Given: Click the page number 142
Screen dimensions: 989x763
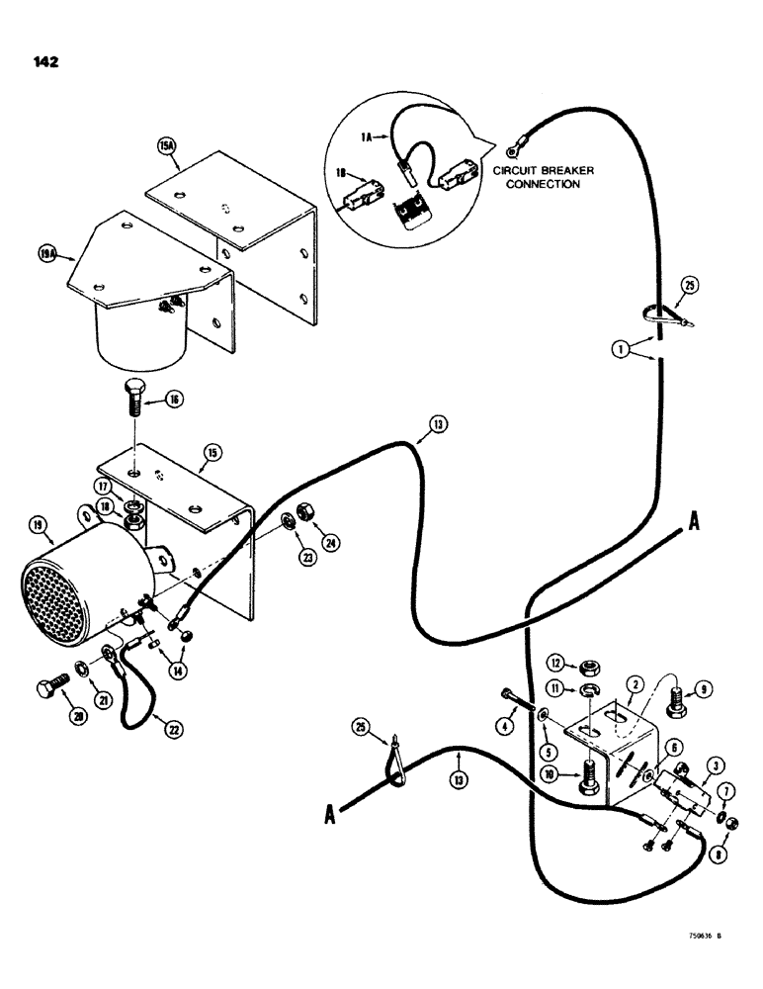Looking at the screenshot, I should tap(45, 61).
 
